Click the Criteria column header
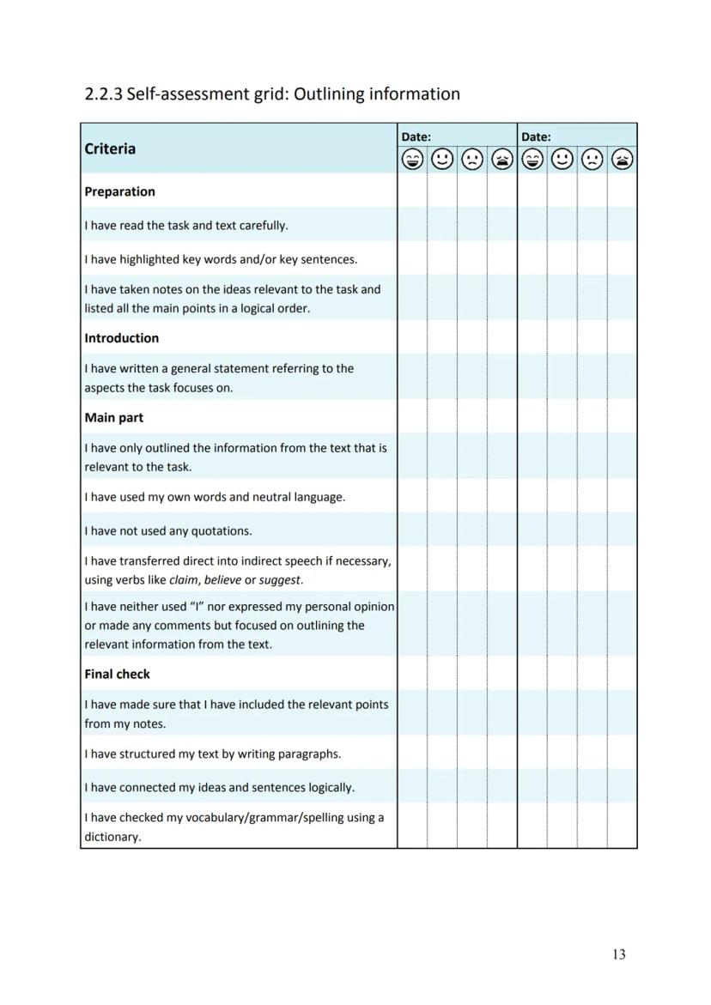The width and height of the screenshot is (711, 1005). (x=110, y=148)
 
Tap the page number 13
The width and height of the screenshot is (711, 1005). (x=619, y=954)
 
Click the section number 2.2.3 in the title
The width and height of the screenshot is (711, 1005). (x=103, y=94)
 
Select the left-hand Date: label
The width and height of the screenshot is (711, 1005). (x=416, y=136)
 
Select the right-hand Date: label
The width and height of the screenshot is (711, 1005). (x=536, y=136)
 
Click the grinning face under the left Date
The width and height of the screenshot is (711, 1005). (x=413, y=160)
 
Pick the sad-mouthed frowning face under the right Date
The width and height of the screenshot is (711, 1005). (x=592, y=160)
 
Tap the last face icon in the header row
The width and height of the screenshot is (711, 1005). (x=623, y=160)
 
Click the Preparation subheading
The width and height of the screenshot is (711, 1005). (x=119, y=191)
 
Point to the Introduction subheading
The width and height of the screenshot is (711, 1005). (x=121, y=338)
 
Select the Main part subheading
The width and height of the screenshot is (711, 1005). (x=113, y=418)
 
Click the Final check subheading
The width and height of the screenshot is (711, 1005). (x=117, y=675)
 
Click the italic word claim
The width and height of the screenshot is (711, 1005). (x=184, y=580)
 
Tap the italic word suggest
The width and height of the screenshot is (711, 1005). (x=280, y=580)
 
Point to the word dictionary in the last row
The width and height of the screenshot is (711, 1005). (x=112, y=837)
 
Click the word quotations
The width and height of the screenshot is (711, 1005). (x=222, y=530)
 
